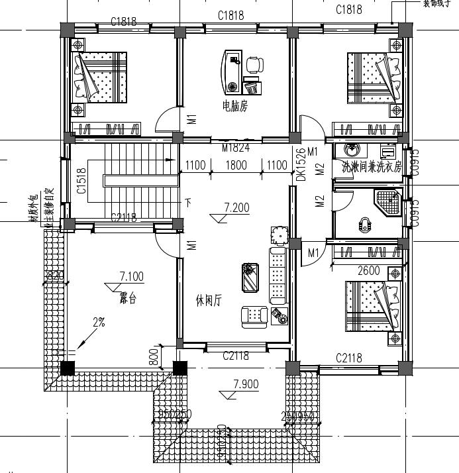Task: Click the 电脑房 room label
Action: pos(234,106)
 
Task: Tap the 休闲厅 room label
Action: pos(209,300)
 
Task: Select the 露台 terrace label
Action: pos(128,298)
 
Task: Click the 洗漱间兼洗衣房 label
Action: pos(371,168)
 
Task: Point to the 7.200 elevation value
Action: pos(236,208)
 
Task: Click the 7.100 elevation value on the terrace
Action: pos(132,276)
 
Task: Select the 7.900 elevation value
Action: pos(246,384)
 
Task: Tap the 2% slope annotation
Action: pos(99,323)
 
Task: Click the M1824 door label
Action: pos(236,148)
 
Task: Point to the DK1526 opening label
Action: pos(300,165)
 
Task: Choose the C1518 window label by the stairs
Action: pos(81,180)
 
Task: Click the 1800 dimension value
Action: pos(236,165)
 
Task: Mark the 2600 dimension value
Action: pos(368,270)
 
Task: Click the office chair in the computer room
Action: pos(254,64)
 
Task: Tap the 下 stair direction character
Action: pos(188,202)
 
